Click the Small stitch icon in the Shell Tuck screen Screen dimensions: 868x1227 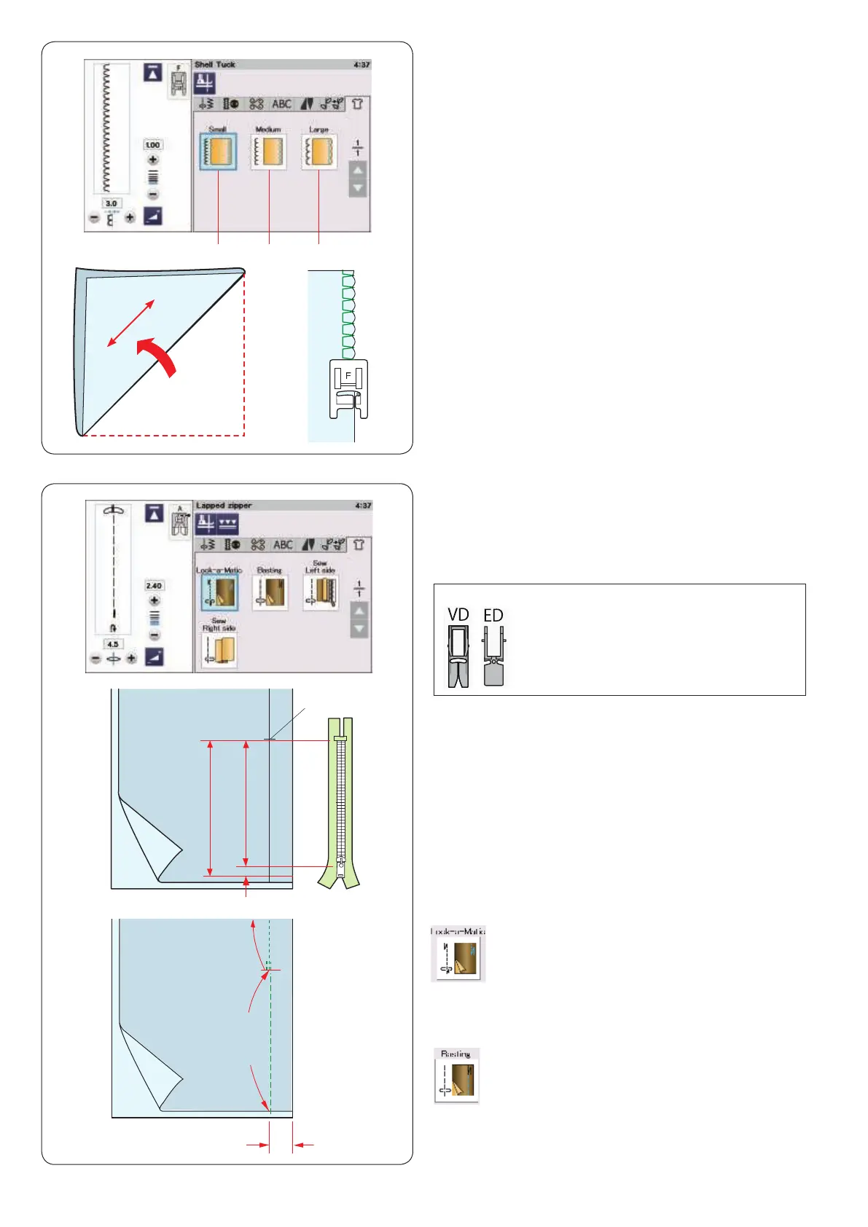(218, 152)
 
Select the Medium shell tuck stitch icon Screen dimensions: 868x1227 (268, 152)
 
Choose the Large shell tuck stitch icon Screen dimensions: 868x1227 (319, 152)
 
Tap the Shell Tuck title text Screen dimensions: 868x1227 (215, 65)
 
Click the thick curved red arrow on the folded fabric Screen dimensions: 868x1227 (158, 356)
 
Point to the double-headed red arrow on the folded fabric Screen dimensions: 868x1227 (131, 323)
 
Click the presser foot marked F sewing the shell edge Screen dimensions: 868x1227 (348, 388)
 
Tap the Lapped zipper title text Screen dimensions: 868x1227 (224, 506)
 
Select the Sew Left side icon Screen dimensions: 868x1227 (320, 592)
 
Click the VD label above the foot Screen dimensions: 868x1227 (458, 616)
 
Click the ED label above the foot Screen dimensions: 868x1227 (493, 616)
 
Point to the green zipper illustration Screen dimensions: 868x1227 (340, 801)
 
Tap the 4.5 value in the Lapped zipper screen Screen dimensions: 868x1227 (113, 645)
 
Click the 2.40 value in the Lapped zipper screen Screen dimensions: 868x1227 (154, 586)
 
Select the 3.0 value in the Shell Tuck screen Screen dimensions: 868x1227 (111, 204)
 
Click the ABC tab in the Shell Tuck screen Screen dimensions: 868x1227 (281, 104)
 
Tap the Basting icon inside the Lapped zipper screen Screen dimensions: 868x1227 (270, 592)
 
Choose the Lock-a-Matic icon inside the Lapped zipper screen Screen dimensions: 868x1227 (219, 592)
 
